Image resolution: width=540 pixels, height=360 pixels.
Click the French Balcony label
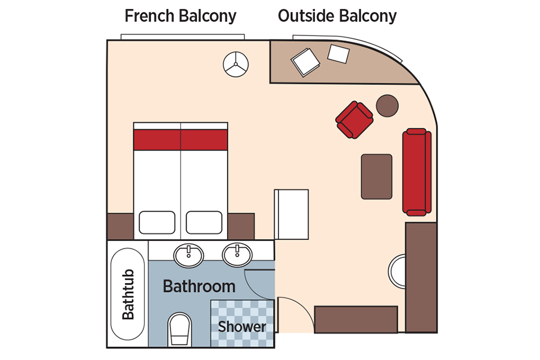click(181, 16)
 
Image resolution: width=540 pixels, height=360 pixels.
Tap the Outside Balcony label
click(337, 16)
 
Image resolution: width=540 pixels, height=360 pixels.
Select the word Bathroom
click(199, 286)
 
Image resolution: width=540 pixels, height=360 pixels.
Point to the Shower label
click(242, 327)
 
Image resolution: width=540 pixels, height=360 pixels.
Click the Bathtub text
click(128, 294)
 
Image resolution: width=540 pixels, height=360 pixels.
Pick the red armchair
click(354, 120)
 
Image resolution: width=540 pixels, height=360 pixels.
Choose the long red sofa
click(417, 172)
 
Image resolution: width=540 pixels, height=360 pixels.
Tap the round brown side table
click(387, 106)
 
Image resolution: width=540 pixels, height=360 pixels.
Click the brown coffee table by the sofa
click(376, 177)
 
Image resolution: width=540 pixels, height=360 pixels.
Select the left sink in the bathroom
click(188, 255)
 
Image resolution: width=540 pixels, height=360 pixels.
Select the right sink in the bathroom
click(237, 255)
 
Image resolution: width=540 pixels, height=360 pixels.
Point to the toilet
click(179, 329)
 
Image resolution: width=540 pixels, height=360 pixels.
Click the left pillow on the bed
click(157, 223)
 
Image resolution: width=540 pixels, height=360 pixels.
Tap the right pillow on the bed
click(204, 223)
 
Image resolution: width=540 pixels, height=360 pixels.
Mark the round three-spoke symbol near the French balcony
click(236, 65)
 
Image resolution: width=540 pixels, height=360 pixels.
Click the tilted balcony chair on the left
click(305, 62)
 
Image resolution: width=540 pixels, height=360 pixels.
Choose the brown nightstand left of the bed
click(120, 226)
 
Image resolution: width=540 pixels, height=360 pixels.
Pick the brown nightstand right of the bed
click(241, 226)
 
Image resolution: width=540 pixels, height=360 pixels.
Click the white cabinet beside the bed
click(291, 214)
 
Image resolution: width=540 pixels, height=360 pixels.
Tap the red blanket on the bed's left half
click(157, 140)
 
